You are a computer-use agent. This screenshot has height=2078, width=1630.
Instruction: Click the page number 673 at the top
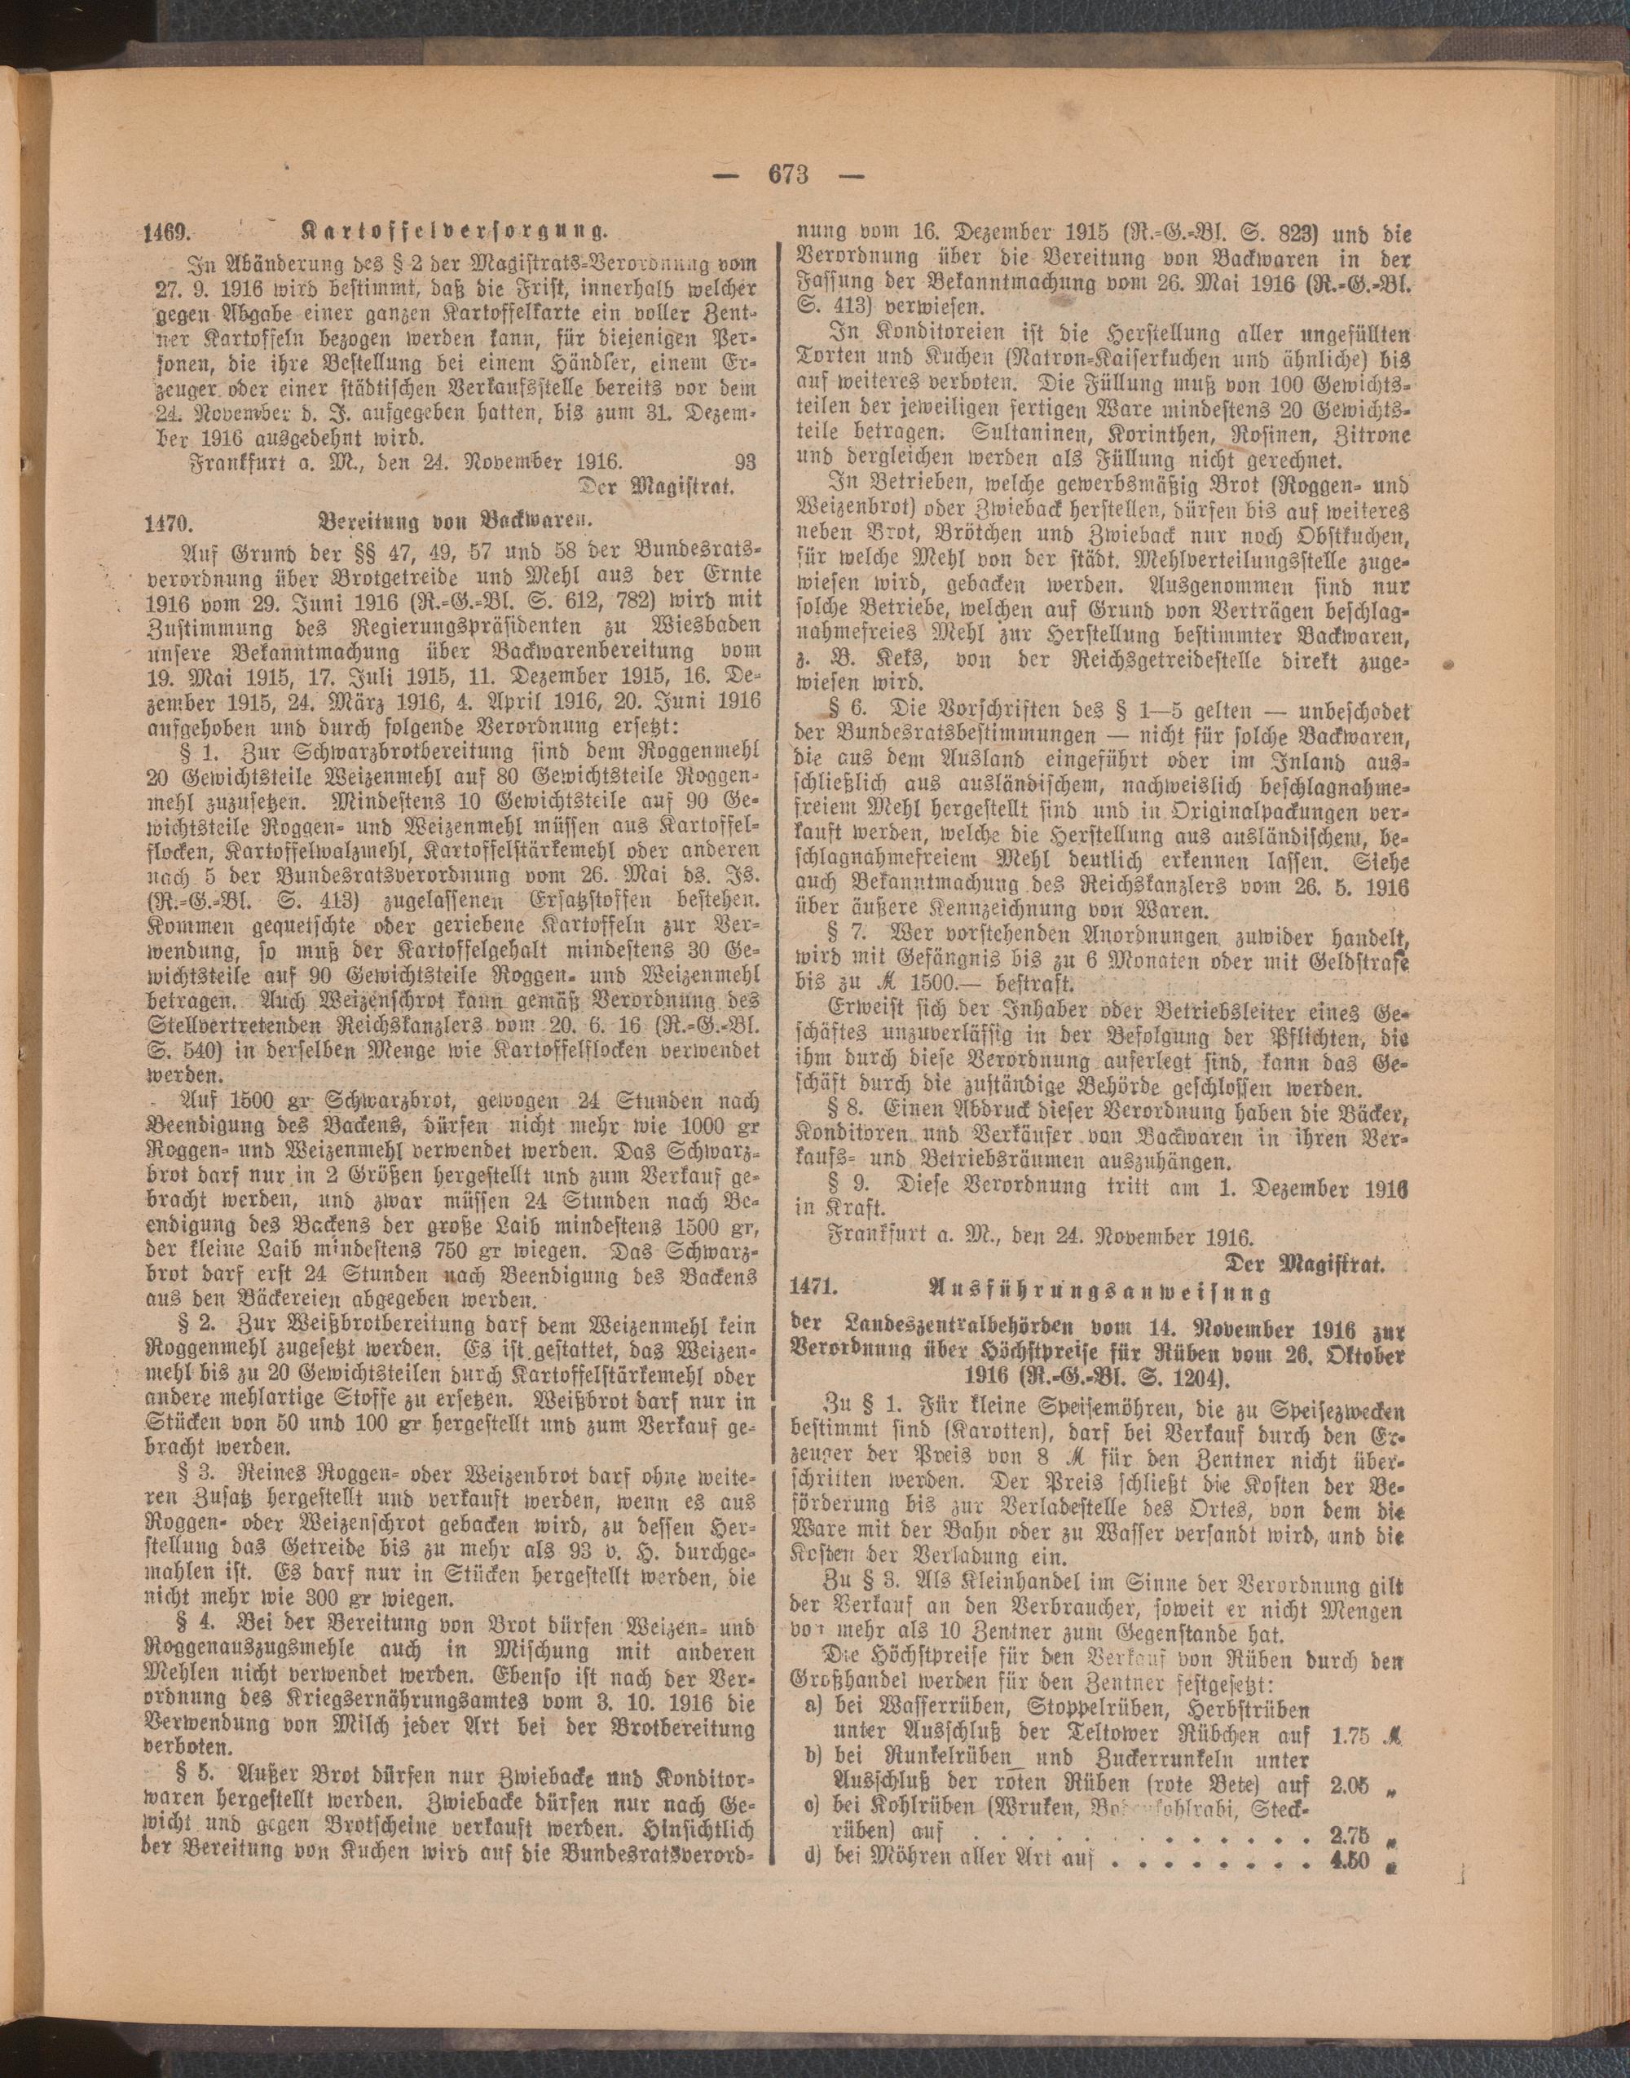787,174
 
